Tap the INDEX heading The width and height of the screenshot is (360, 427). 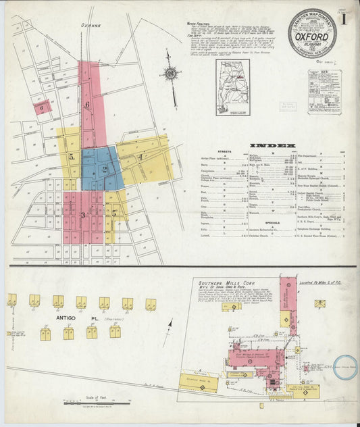272,145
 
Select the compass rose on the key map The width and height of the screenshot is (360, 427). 171,74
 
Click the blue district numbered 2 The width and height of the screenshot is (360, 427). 103,169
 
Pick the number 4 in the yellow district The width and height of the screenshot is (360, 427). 140,157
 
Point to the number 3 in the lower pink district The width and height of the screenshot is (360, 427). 82,216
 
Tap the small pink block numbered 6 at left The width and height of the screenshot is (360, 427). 42,107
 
